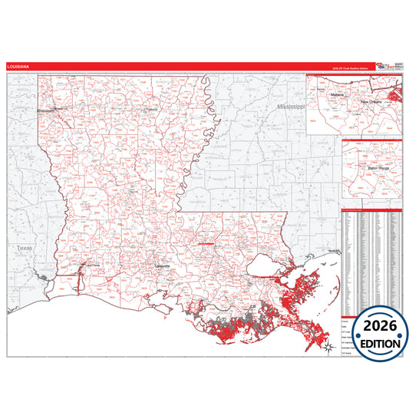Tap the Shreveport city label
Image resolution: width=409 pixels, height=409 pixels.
(x=47, y=110)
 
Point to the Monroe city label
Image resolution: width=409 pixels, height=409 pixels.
(x=152, y=110)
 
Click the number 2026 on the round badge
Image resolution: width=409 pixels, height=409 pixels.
(x=375, y=325)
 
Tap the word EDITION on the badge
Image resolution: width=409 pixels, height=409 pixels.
(x=375, y=343)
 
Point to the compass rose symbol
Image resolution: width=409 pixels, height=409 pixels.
(x=328, y=348)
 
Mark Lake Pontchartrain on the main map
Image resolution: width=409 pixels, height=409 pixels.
(x=272, y=266)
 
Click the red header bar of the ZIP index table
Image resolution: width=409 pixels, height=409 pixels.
(x=372, y=208)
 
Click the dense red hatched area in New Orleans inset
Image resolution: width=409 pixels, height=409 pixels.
(x=395, y=97)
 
